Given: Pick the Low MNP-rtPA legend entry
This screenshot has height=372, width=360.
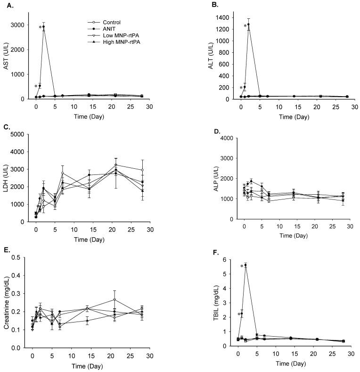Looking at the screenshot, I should (x=115, y=35).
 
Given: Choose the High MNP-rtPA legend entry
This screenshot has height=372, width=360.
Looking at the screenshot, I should (x=115, y=42).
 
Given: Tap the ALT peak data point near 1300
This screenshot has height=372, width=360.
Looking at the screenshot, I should (x=249, y=25).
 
